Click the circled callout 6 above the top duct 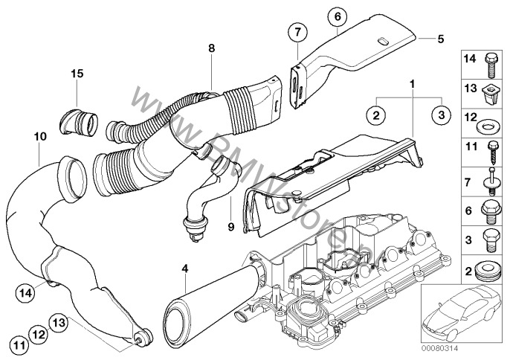pos(337,15)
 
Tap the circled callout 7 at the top pos(297,32)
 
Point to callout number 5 pos(440,36)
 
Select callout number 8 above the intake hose pos(212,48)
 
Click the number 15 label pos(77,73)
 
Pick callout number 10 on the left pos(39,137)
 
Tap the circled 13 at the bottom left pos(60,321)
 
